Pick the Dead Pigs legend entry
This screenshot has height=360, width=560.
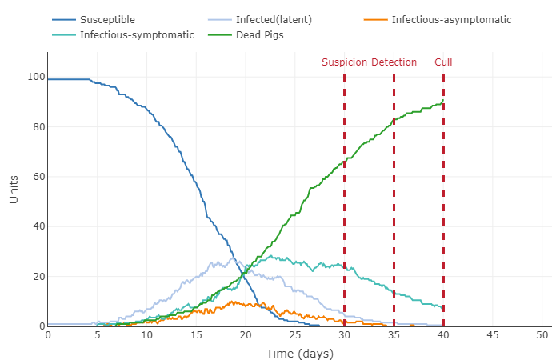(257, 35)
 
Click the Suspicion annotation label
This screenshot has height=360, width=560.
(345, 62)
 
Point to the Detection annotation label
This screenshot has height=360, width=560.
(394, 62)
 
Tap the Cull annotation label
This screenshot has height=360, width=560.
(443, 62)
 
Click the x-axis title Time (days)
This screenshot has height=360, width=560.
(299, 353)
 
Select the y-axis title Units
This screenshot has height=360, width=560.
(14, 189)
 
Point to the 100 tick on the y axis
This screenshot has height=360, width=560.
(34, 77)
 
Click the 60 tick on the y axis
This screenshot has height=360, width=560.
(37, 177)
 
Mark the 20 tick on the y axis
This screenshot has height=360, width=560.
(37, 277)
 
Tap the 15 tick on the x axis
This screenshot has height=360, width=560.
(196, 334)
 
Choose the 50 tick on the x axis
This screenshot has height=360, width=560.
(542, 334)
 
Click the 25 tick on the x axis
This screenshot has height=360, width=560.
(295, 334)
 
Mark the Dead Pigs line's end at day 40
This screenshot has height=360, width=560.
(443, 101)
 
